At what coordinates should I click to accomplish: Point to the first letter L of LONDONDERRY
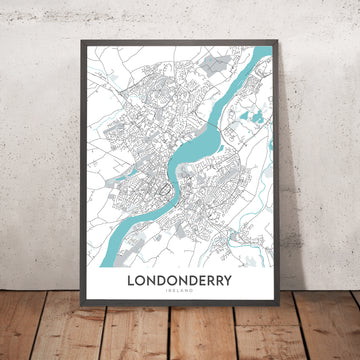[x=131, y=282]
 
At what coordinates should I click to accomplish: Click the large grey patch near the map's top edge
[x=213, y=65]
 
